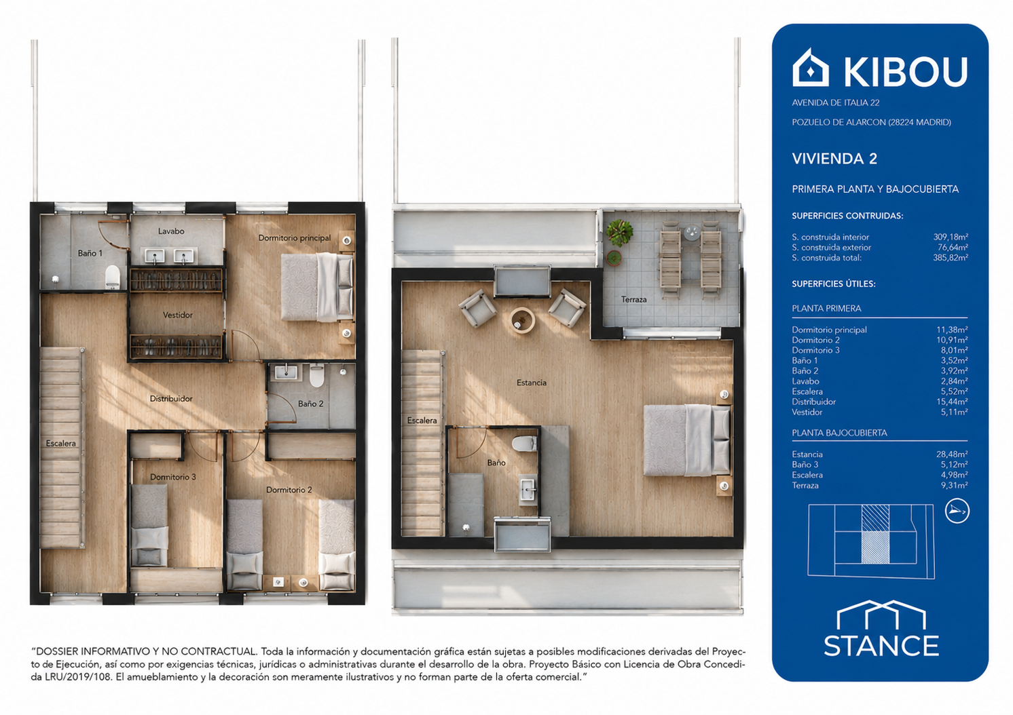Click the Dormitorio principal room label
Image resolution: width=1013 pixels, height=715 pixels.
(x=295, y=237)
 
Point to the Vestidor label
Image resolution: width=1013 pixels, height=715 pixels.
(x=178, y=315)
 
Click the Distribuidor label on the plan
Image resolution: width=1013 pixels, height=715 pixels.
(x=171, y=399)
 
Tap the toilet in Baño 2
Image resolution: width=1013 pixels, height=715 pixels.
(x=316, y=376)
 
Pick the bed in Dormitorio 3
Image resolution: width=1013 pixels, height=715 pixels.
(x=149, y=525)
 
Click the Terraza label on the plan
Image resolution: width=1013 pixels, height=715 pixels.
(x=633, y=299)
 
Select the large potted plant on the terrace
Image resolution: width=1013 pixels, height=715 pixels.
(x=620, y=232)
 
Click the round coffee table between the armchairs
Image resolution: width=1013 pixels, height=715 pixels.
(x=522, y=320)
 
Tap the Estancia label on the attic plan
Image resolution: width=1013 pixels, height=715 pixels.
(x=532, y=383)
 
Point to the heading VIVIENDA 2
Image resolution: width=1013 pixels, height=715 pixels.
(x=834, y=159)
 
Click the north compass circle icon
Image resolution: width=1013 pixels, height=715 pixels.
(x=957, y=511)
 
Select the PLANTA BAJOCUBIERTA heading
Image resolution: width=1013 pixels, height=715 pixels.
(x=839, y=433)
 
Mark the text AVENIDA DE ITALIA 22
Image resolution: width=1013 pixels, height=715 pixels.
(x=836, y=102)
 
